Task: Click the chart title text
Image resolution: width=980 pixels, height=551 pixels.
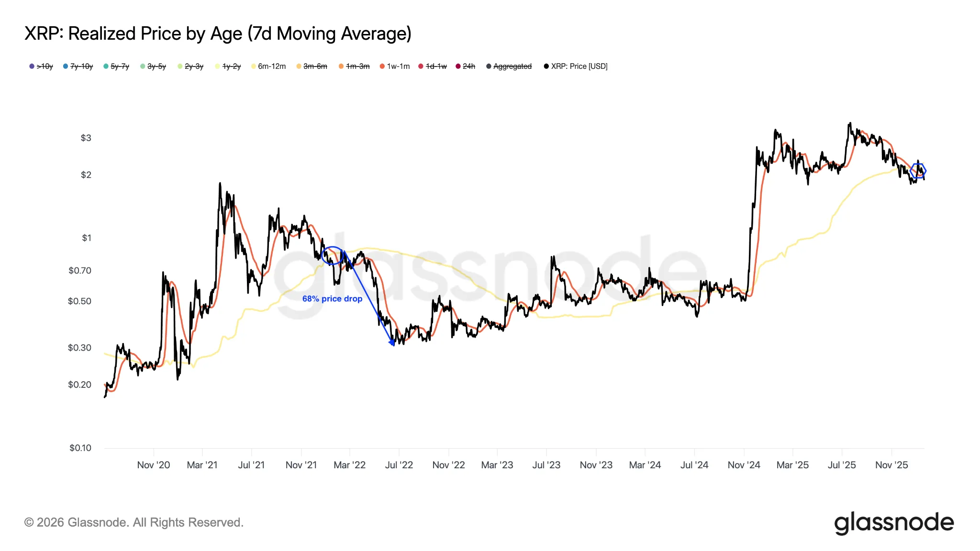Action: [x=218, y=34]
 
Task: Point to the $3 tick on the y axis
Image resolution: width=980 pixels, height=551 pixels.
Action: [x=86, y=138]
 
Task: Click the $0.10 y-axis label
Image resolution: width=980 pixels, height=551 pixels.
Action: [x=80, y=448]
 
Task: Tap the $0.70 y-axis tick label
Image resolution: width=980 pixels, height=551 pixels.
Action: [x=80, y=271]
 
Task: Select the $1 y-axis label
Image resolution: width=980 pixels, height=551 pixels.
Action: [x=86, y=238]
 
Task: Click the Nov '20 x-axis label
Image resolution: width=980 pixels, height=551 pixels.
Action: [x=153, y=465]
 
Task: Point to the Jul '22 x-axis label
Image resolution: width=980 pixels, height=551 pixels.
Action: [x=399, y=465]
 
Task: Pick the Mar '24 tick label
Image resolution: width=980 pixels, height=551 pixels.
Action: [x=645, y=465]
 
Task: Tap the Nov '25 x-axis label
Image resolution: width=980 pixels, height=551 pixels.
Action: [x=891, y=465]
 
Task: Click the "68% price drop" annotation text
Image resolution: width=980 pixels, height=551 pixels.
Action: [x=332, y=299]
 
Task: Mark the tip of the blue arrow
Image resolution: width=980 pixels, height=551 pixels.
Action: [x=393, y=344]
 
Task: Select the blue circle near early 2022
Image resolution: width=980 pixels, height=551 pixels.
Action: [x=332, y=255]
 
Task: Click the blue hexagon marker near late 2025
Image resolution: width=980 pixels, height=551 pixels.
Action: [x=918, y=171]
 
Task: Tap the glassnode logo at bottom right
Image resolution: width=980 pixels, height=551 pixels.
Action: [x=894, y=523]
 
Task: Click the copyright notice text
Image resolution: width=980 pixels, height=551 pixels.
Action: [x=134, y=523]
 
